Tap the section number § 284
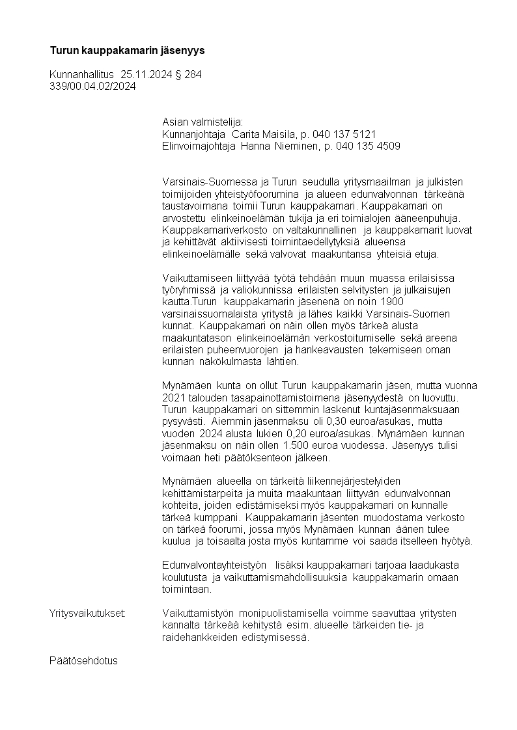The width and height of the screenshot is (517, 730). [189, 75]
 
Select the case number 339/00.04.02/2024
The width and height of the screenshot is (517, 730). [92, 87]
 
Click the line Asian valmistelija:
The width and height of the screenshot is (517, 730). [202, 122]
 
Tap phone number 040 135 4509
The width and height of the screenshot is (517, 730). [368, 146]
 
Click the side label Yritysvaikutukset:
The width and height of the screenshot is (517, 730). [87, 614]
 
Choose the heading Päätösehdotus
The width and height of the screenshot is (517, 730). [83, 661]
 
